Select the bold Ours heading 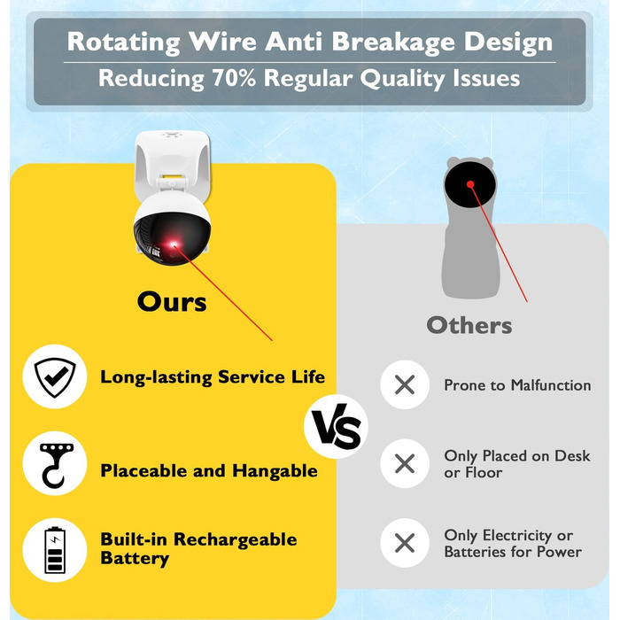click(172, 301)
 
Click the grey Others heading click(469, 325)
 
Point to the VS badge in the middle click(336, 431)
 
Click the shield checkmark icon click(54, 376)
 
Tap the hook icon click(54, 470)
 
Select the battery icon click(54, 549)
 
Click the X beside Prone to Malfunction click(405, 385)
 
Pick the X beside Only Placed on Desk click(405, 463)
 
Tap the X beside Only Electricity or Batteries click(405, 544)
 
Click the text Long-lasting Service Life click(213, 376)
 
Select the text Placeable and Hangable click(209, 471)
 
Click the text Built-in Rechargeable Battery click(198, 549)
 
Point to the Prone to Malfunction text click(517, 385)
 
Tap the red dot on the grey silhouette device click(470, 184)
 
